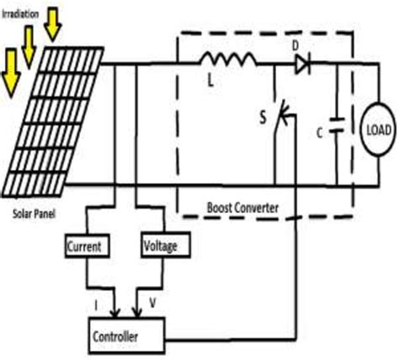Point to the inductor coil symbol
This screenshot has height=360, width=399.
[226, 61]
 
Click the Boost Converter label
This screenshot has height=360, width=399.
[243, 207]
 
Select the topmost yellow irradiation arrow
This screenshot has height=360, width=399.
[53, 23]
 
